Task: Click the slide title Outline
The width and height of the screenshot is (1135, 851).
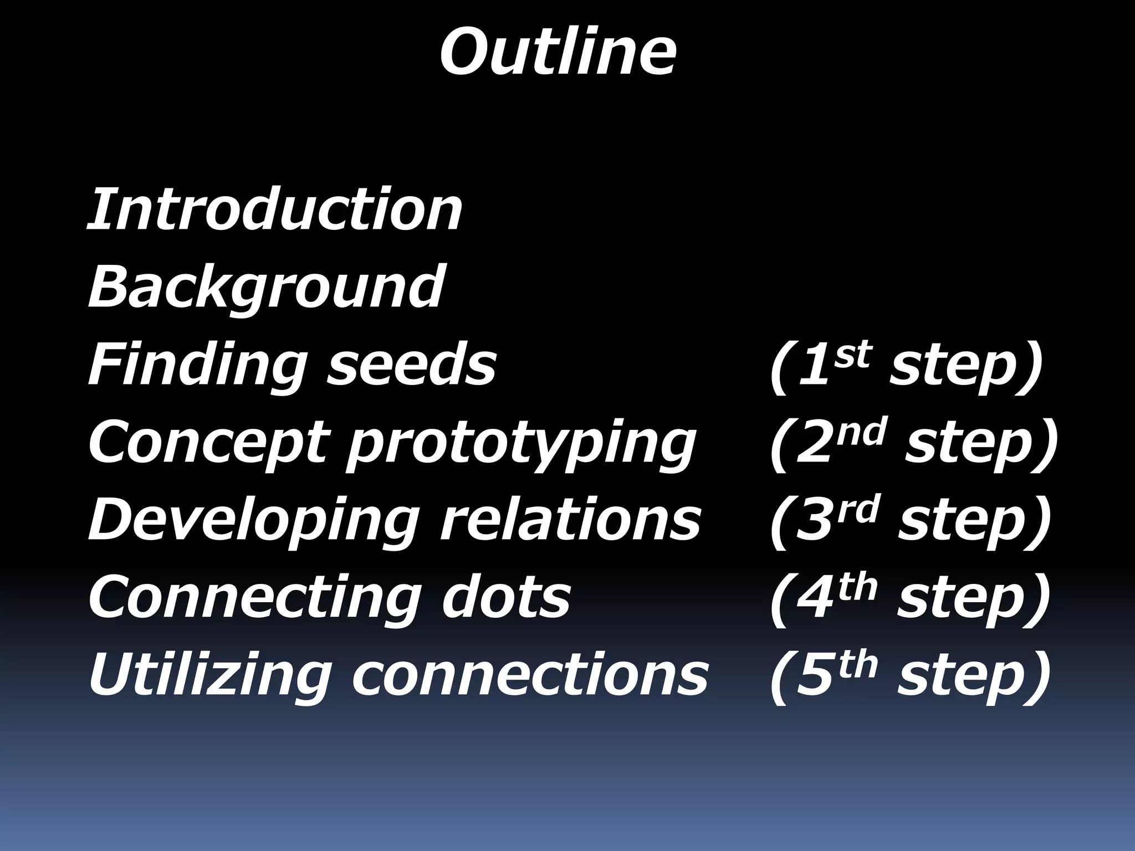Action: pos(558,53)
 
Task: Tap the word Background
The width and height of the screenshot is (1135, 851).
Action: pos(266,287)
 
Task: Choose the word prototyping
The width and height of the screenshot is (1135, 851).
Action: pos(521,443)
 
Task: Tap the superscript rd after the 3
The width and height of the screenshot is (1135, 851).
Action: pos(859,510)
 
